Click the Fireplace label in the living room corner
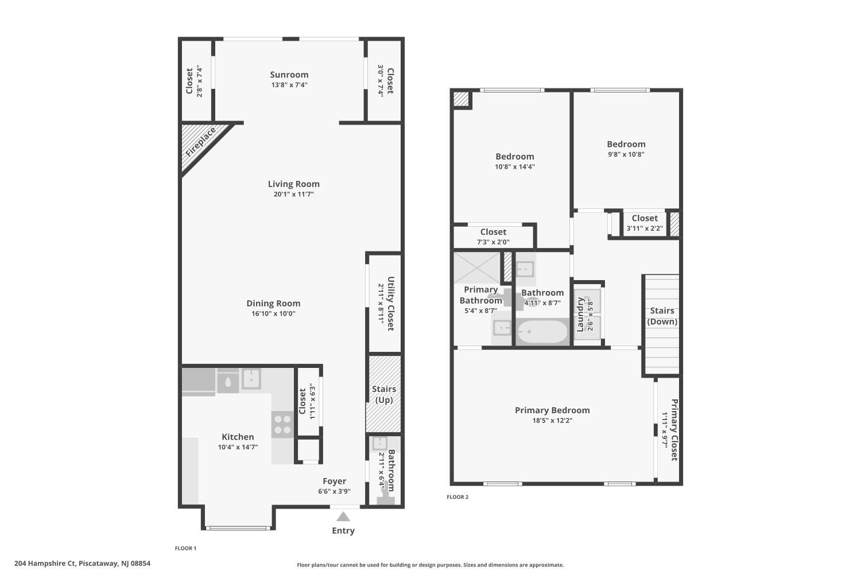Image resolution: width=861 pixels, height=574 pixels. point(200,142)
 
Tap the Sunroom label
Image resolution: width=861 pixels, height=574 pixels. point(289,75)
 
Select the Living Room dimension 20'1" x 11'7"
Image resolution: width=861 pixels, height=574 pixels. point(293,195)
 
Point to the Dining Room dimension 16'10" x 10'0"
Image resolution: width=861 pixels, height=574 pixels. point(273,314)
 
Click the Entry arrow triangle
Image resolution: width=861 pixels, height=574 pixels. point(343,517)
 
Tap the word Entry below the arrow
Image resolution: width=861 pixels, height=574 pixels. point(343,531)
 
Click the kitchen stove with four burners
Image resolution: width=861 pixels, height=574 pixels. point(282,424)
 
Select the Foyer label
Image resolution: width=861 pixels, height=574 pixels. point(334,482)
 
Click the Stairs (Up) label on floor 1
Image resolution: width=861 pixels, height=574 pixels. point(384,394)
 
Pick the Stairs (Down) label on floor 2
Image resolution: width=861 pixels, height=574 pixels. point(662,316)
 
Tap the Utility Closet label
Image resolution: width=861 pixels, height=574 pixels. point(390,304)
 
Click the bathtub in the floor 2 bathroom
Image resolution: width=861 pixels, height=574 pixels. point(542,332)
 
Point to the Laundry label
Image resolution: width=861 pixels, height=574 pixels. point(580,314)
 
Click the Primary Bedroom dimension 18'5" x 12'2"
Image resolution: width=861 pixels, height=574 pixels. point(552,421)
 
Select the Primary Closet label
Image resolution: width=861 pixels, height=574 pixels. point(674,429)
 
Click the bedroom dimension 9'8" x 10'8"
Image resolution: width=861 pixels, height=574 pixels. point(626,154)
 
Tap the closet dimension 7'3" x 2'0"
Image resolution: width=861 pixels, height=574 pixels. point(493,242)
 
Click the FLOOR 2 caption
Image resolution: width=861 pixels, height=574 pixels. point(457,497)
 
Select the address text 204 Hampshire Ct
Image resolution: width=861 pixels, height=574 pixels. point(45,564)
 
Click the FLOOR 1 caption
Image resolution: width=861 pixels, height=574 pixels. point(185,549)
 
